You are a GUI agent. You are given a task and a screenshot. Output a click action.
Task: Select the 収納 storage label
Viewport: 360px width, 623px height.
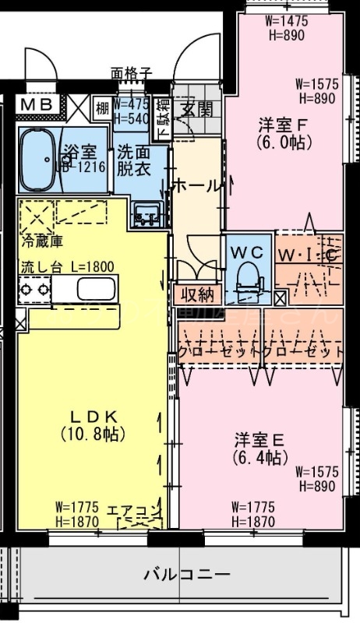[196, 294]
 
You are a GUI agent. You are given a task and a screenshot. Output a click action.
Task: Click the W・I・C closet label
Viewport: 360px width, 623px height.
[309, 255]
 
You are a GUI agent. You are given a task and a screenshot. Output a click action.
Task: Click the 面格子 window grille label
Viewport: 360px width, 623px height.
[131, 73]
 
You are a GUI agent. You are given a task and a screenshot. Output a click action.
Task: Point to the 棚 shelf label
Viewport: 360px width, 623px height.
[103, 107]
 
